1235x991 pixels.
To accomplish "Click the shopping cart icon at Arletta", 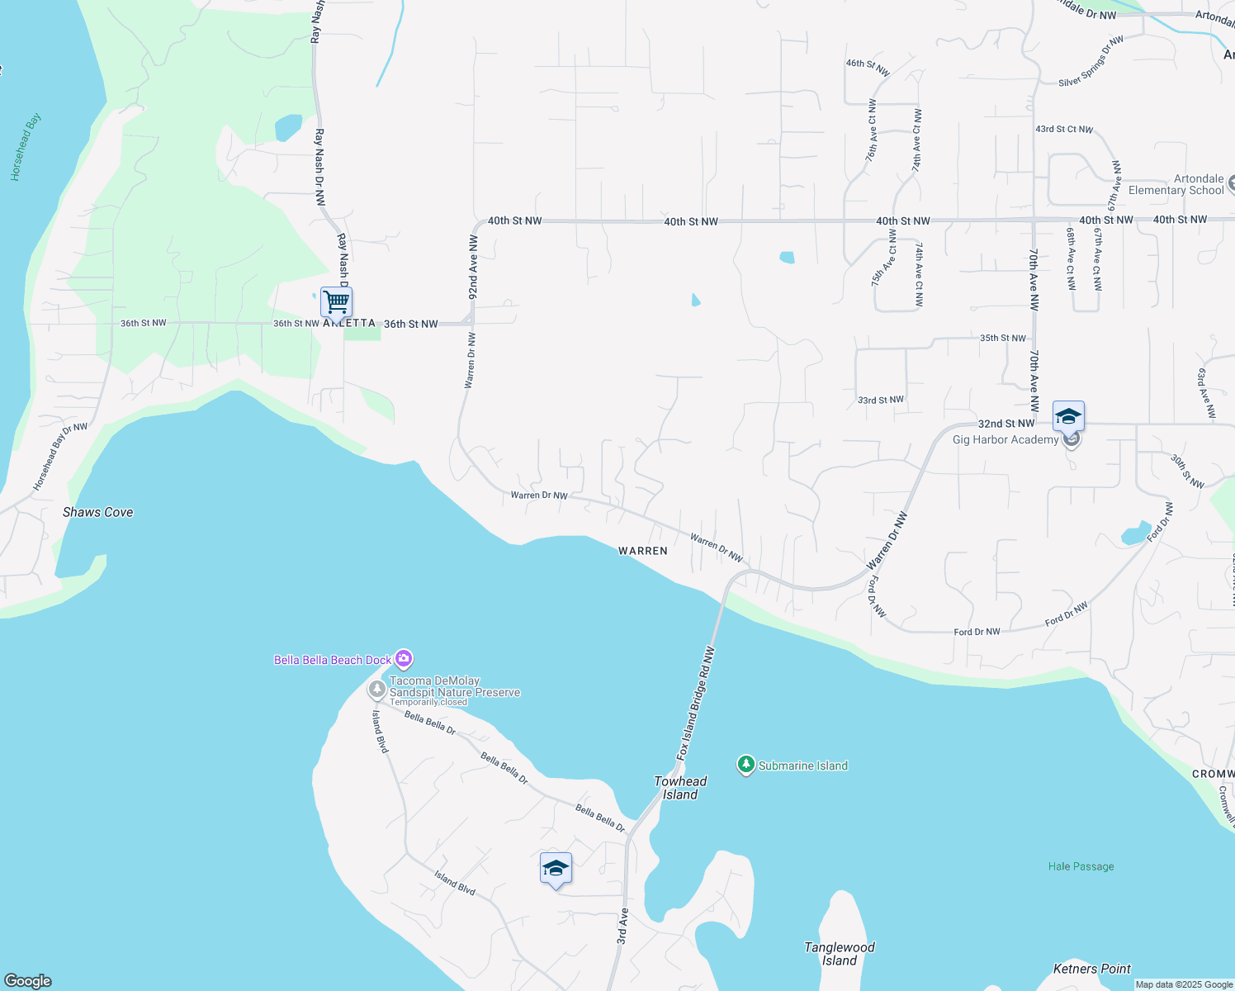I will point(336,302).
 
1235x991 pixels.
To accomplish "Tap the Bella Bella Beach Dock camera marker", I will point(404,659).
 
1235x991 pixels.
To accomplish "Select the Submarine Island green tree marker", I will point(746,765).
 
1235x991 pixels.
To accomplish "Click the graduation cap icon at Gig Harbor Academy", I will point(1068,416).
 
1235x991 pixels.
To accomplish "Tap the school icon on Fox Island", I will point(556,869).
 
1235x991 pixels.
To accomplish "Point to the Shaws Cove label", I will point(98,512).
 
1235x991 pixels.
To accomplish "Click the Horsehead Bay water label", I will point(26,147).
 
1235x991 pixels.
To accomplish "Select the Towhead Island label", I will point(680,788).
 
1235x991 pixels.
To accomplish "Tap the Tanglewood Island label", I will point(840,954).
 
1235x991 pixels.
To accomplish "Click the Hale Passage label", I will point(1081,866).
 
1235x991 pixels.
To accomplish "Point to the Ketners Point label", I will point(1092,969).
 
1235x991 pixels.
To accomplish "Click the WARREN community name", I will point(643,551).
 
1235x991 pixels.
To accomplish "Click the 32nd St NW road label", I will point(1006,424).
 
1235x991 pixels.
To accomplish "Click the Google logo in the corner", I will point(28,981).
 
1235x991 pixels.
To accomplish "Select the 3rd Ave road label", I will point(622,926).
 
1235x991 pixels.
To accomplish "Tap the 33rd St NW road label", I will point(880,400).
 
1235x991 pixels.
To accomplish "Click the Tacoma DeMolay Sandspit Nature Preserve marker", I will point(377,689).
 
